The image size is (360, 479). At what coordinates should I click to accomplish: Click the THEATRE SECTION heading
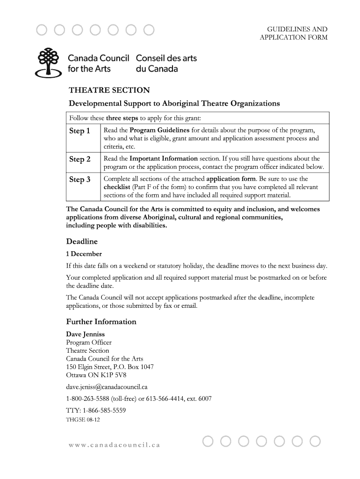pyautogui.click(x=109, y=90)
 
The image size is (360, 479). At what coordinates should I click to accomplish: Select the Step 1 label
pyautogui.click(x=79, y=131)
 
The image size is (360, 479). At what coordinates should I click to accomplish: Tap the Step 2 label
pyautogui.click(x=79, y=160)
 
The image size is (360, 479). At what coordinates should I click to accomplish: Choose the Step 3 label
pyautogui.click(x=79, y=180)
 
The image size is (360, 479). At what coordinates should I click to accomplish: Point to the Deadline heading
pyautogui.click(x=82, y=242)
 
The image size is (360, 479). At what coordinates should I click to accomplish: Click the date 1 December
pyautogui.click(x=84, y=254)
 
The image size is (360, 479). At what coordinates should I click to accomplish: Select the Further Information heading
pyautogui.click(x=101, y=322)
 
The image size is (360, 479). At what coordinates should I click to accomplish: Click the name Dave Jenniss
pyautogui.click(x=86, y=334)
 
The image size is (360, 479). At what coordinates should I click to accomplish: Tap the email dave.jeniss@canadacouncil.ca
pyautogui.click(x=107, y=387)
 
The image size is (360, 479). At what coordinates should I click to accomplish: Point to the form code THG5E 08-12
pyautogui.click(x=83, y=420)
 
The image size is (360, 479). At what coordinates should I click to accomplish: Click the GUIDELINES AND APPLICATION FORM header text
pyautogui.click(x=294, y=33)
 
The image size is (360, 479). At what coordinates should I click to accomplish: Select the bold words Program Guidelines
pyautogui.click(x=159, y=130)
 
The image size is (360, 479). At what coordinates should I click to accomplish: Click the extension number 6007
pyautogui.click(x=205, y=399)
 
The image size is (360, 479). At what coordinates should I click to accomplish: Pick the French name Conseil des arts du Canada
pyautogui.click(x=166, y=64)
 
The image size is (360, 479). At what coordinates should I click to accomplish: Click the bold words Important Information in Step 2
pyautogui.click(x=163, y=159)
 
